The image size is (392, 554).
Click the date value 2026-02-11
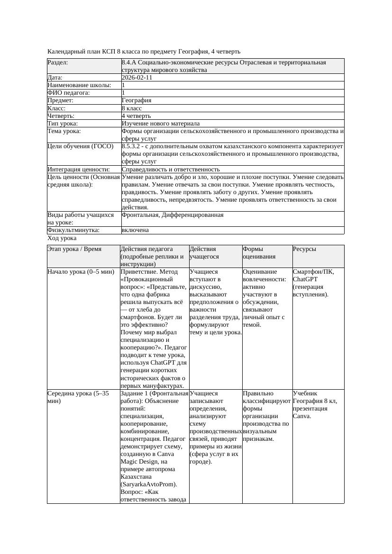137,78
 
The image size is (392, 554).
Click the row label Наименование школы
79,85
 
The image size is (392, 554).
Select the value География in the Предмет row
137,100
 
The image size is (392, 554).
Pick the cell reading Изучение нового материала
161,123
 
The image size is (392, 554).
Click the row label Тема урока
64,131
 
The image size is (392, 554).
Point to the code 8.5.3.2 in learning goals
133,146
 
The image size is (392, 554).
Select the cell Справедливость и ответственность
171,169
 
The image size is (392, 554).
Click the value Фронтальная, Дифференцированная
173,215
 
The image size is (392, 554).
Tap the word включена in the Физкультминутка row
135,230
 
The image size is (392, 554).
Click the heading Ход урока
62,239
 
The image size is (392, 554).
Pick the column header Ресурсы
305,249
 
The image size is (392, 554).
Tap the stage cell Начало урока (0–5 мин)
81,272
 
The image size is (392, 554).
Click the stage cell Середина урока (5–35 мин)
78,397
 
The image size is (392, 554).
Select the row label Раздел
58,63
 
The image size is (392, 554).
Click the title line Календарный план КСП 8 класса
144,51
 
